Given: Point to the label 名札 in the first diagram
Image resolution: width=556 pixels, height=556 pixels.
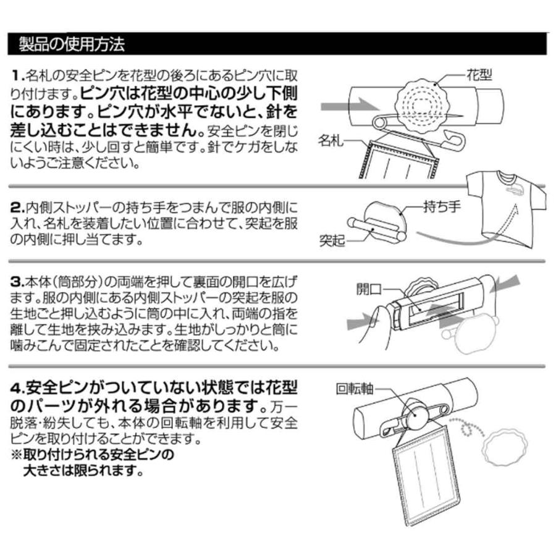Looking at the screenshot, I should [x=332, y=141].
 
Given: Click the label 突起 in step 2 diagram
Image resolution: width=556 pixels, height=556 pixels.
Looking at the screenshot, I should [x=332, y=240].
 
